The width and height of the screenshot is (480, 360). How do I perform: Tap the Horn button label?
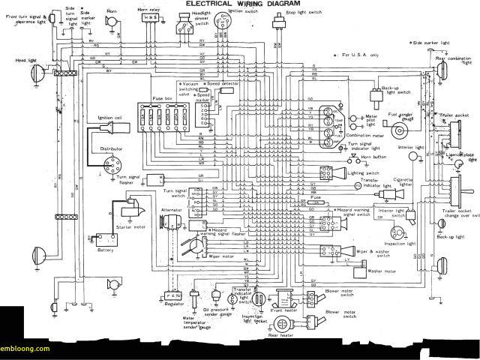pyautogui.click(x=364, y=157)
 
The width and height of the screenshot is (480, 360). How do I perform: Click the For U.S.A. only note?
pyautogui.click(x=362, y=55)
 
